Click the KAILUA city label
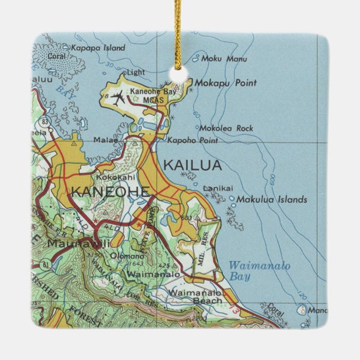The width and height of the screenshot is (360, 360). [x=192, y=165]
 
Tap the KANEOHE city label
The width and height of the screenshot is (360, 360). [x=110, y=192]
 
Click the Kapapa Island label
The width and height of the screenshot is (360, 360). [x=98, y=48]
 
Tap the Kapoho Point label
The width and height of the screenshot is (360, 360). [x=192, y=140]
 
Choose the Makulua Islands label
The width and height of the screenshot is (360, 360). [x=272, y=199]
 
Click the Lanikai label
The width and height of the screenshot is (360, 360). [x=217, y=188]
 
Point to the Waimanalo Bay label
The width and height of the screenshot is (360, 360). [x=259, y=271]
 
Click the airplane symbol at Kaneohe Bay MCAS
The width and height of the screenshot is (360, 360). [x=118, y=98]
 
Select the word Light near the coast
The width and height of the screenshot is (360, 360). [x=136, y=73]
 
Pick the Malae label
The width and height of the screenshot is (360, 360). [x=106, y=140]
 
